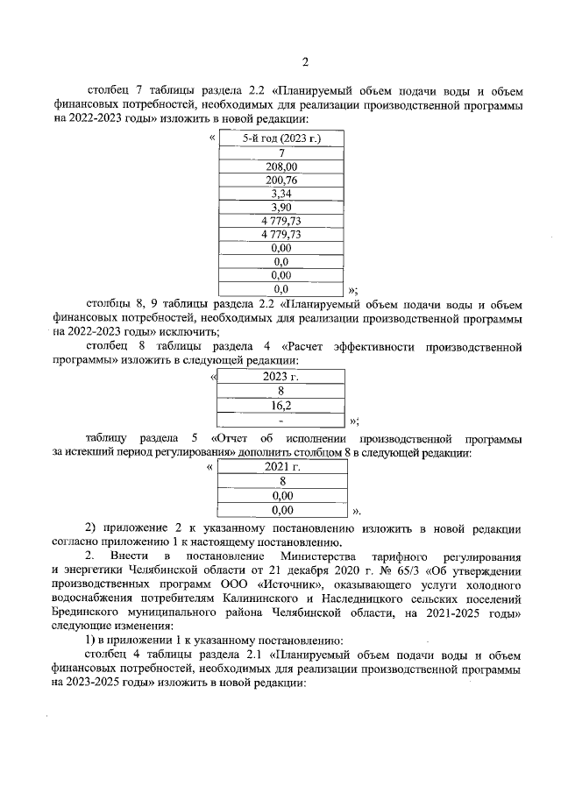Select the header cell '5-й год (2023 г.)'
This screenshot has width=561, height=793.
point(281,138)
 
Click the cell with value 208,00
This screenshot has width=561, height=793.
point(281,166)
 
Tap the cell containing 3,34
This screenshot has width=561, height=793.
point(281,194)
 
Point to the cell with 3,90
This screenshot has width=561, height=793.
point(281,207)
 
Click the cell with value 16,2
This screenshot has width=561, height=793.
point(281,407)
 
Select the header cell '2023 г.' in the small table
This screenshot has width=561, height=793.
point(281,377)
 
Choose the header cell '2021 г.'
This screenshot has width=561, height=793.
point(281,466)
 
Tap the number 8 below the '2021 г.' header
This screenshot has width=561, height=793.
point(281,480)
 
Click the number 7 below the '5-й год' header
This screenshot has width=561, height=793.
point(281,152)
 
